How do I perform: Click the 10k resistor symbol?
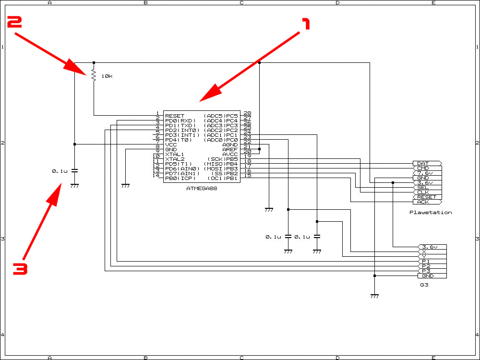pos(94,75)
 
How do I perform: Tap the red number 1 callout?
pos(306,24)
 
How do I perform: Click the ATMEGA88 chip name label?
pos(202,189)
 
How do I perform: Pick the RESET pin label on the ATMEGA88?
pos(175,116)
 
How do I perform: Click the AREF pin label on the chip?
pos(230,149)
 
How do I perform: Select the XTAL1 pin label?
pos(175,154)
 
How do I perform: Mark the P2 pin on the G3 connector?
pos(432,266)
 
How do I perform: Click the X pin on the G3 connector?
pos(432,252)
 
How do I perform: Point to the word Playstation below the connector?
pos(431,213)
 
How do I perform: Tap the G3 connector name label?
pos(424,285)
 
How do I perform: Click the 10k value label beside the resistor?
pos(107,76)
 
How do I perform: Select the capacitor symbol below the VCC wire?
pos(74,171)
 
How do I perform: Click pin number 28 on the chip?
pos(247,113)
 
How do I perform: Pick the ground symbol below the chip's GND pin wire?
pos(125,185)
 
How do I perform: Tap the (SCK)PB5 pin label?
pos(223,159)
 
